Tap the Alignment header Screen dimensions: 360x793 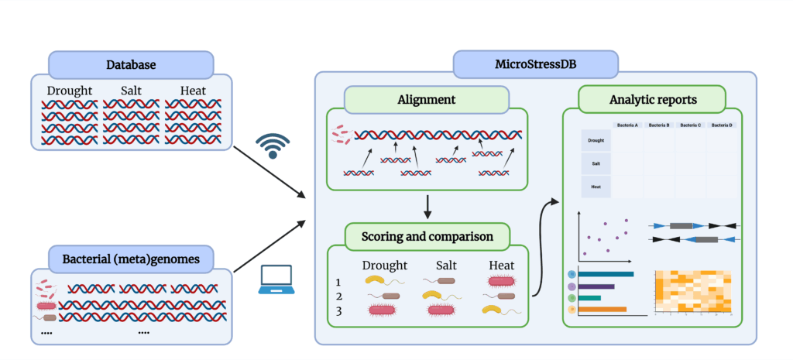426,99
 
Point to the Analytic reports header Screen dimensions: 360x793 651,99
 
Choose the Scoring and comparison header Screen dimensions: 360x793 427,235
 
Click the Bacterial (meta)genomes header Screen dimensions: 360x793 131,259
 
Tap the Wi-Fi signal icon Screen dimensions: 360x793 273,146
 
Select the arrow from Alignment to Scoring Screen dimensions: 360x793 427,206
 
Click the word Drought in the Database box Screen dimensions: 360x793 69,91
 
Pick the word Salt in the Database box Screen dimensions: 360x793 131,91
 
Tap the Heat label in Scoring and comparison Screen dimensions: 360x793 501,266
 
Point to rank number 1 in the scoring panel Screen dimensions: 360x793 338,283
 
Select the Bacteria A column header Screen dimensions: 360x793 627,125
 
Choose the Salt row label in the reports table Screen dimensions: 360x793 596,164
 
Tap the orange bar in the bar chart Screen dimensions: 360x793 602,310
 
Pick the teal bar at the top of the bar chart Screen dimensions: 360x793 606,274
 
